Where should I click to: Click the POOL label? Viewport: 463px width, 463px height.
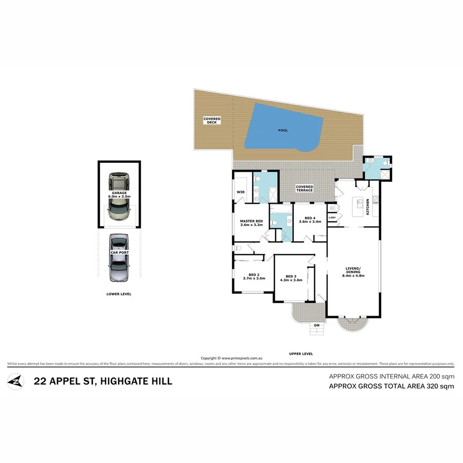click(x=283, y=131)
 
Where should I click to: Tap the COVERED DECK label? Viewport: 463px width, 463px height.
click(x=212, y=120)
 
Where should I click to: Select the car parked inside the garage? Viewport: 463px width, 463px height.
click(x=119, y=196)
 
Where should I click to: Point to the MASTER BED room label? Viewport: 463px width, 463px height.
click(x=251, y=223)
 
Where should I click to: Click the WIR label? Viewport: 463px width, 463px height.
click(x=240, y=192)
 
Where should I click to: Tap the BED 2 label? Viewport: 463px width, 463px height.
click(x=254, y=276)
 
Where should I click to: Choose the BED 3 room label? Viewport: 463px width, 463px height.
click(x=291, y=278)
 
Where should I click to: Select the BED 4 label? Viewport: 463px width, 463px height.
click(x=310, y=220)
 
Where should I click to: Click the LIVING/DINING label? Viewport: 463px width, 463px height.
click(x=355, y=273)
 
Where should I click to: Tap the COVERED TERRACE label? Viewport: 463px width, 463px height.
click(x=304, y=188)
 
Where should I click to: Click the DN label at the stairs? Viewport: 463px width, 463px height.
click(x=316, y=326)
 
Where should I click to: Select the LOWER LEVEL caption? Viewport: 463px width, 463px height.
click(x=119, y=294)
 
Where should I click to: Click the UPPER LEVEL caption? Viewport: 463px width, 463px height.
click(x=301, y=354)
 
